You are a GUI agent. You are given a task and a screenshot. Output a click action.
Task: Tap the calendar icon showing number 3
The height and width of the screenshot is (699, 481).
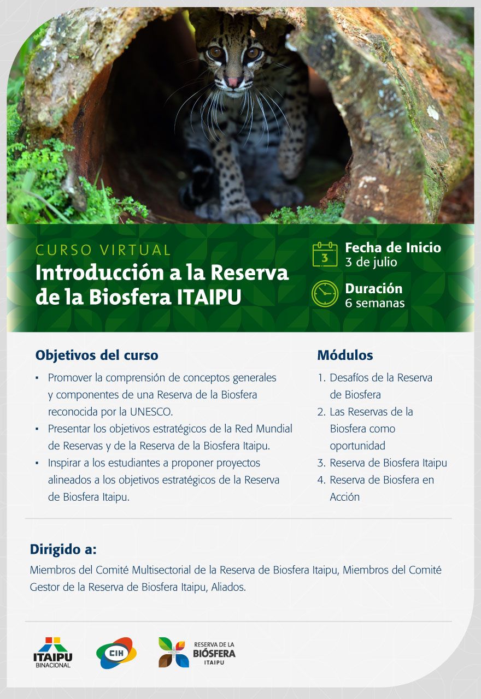[x=325, y=254]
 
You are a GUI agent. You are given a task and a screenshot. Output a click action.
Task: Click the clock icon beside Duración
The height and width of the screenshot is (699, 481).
[x=325, y=293]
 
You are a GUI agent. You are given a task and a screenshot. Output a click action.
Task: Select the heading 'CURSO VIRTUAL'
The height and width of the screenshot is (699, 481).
[x=103, y=250]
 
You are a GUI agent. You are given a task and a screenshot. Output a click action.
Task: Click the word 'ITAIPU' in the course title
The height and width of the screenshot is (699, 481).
[x=209, y=297]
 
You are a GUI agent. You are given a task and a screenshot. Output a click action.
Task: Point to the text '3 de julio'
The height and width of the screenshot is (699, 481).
[x=371, y=262]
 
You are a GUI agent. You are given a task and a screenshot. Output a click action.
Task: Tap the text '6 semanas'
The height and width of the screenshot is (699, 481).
[x=375, y=303]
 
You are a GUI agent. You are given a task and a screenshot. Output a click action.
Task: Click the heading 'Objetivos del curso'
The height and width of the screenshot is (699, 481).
[x=97, y=355]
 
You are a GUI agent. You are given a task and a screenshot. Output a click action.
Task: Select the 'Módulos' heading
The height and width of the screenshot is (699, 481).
[x=345, y=355]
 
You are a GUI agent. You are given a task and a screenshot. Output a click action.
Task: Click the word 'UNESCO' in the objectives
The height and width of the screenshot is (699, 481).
[x=151, y=412]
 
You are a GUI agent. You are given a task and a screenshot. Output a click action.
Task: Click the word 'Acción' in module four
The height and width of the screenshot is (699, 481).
[x=345, y=497]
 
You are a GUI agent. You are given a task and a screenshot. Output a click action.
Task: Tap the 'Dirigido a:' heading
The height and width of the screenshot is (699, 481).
[x=63, y=549]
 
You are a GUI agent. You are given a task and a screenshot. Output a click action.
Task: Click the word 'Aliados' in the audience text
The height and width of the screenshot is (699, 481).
[x=228, y=587]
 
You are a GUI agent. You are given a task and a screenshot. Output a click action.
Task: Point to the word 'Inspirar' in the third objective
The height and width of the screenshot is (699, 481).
[x=64, y=463]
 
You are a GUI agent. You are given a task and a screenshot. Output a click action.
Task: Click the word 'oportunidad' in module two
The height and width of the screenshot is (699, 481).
[x=357, y=446]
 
